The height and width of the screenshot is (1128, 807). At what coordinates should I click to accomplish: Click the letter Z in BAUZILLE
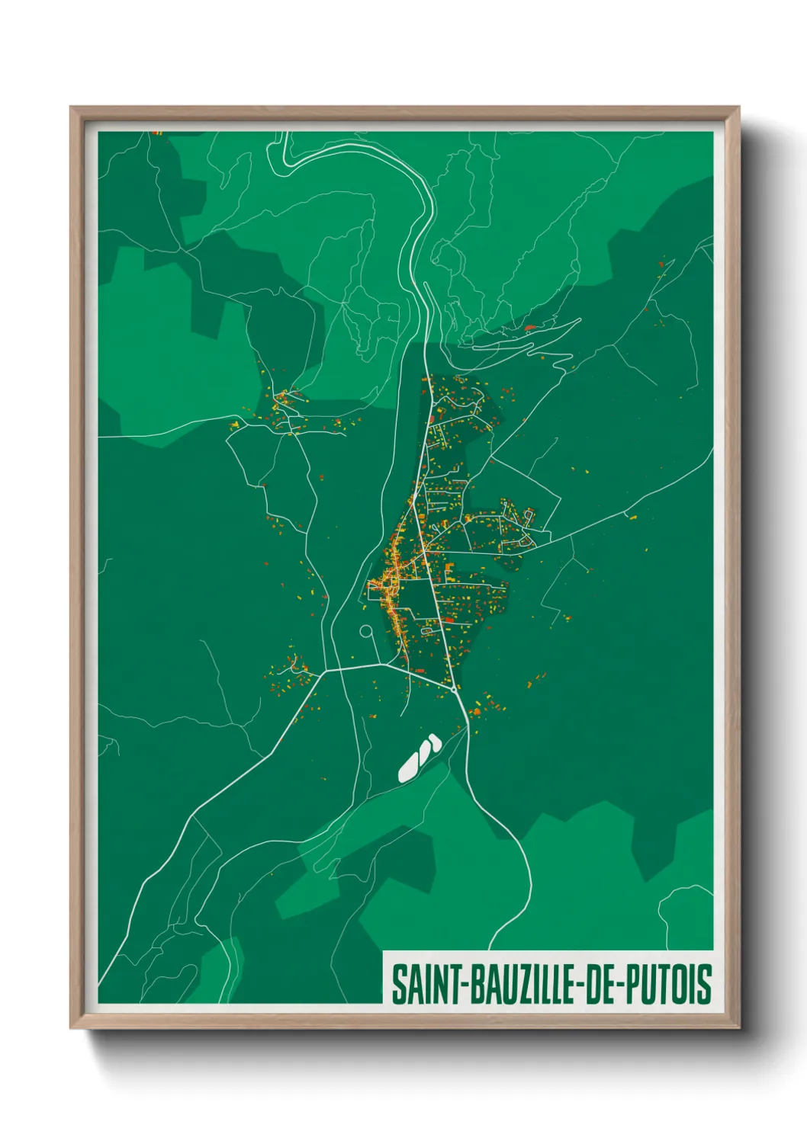[514, 984]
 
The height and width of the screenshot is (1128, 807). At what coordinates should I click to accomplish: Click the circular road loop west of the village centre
[366, 631]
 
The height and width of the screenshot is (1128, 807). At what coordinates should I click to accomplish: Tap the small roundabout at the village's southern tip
[455, 689]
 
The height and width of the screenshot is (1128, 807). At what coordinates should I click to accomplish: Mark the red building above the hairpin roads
[530, 328]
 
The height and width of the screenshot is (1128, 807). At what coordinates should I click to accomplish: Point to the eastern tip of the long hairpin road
[580, 319]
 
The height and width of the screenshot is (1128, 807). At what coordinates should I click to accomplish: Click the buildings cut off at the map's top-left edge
[157, 133]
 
